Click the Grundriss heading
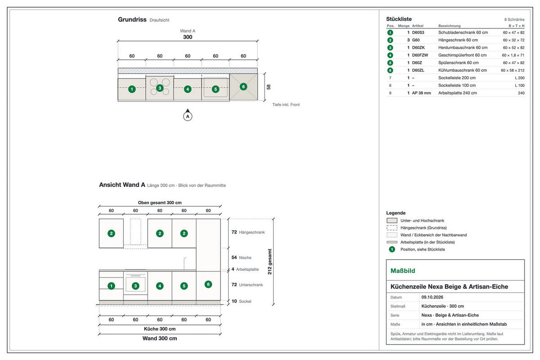click(132, 19)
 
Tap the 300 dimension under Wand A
click(188, 37)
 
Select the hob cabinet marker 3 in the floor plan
click(160, 88)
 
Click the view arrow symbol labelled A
click(188, 115)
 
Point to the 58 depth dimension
click(269, 87)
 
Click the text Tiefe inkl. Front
click(286, 105)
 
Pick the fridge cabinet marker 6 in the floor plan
click(243, 86)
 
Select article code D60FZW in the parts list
click(420, 55)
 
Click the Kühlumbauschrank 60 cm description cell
click(463, 70)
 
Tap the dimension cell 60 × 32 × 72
click(513, 40)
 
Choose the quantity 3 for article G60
click(409, 40)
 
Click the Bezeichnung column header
click(450, 26)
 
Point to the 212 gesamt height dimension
click(270, 261)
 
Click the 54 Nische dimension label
click(241, 257)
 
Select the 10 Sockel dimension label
click(241, 301)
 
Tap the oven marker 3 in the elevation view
click(135, 286)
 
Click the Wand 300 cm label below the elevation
click(160, 338)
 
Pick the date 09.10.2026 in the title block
click(432, 297)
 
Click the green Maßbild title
click(403, 271)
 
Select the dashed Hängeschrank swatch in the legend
click(392, 228)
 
